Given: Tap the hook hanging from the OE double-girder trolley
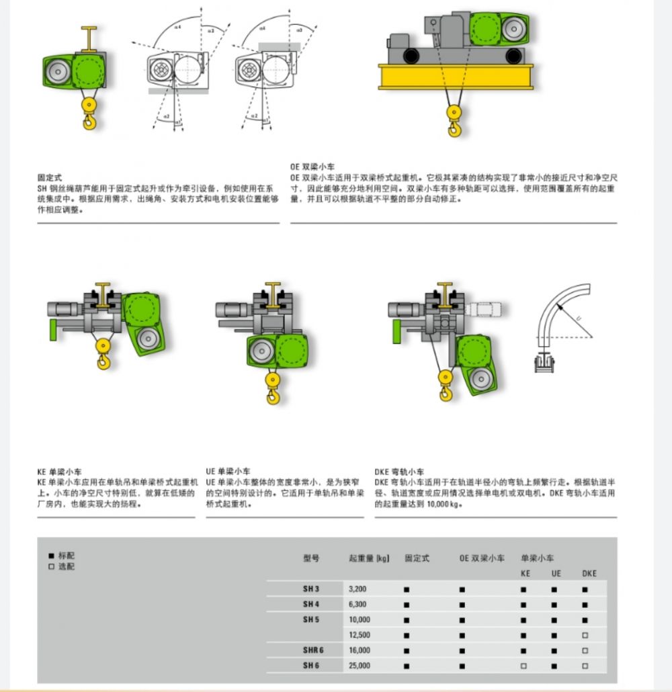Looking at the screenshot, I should coord(456,125).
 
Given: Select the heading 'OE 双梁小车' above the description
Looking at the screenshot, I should coord(312,166).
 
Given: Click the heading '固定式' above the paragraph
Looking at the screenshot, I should coord(50,178).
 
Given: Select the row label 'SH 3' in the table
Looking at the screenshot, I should coord(311,589).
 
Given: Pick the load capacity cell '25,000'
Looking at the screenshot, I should coord(359,666).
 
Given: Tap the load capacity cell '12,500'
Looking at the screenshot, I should coord(359,635).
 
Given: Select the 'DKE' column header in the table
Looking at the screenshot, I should coord(589,574).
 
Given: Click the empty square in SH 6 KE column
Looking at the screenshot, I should coord(523,666).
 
